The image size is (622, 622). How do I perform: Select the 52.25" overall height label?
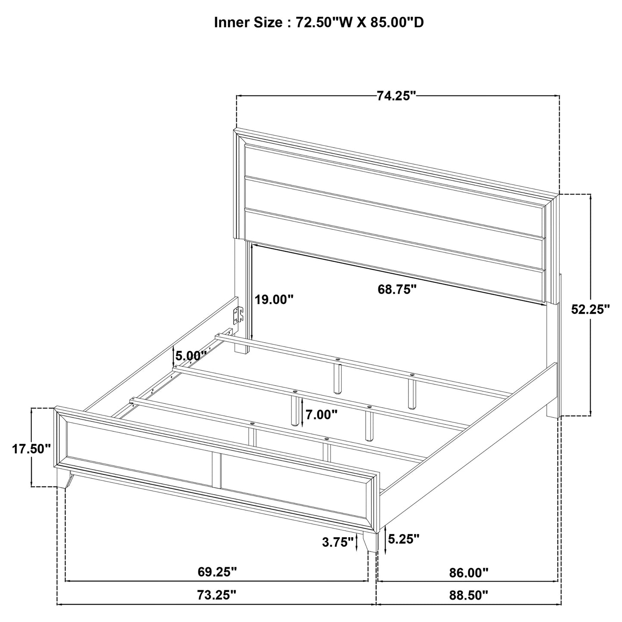591,309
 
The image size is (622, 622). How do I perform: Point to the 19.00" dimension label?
274,300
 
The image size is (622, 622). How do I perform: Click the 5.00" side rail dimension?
189,356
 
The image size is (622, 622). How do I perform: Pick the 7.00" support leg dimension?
321,415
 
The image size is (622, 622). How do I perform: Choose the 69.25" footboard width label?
217,572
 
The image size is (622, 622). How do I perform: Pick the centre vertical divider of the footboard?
216,469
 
